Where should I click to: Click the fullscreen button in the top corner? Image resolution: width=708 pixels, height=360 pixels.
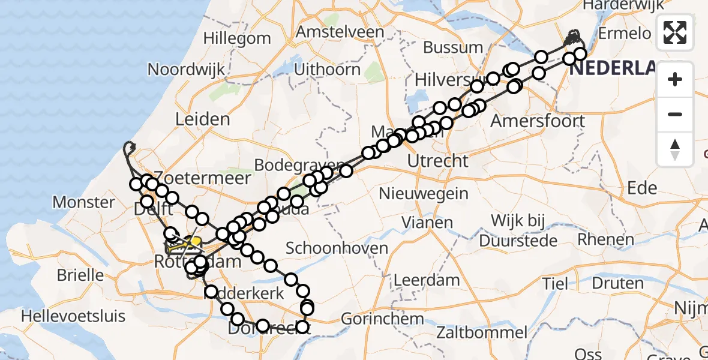(x=675, y=32)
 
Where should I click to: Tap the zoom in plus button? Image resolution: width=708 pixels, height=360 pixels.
(x=675, y=79)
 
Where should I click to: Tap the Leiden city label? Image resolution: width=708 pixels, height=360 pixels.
(x=202, y=119)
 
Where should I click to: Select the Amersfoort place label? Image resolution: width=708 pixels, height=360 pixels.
(x=538, y=121)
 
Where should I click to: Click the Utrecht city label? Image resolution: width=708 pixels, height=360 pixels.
(x=437, y=161)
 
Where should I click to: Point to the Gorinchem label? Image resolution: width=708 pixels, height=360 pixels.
(x=383, y=319)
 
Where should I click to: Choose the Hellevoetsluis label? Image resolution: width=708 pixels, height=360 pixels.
(x=74, y=316)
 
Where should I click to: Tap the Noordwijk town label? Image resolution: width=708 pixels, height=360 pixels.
(x=186, y=69)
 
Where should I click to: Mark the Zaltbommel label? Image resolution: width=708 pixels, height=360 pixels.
(x=482, y=332)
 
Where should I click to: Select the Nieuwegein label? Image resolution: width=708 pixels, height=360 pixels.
(x=424, y=193)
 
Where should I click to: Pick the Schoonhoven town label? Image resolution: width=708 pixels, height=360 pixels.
(x=332, y=247)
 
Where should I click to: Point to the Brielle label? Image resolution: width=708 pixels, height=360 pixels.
(x=80, y=275)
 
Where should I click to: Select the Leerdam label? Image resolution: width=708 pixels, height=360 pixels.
(x=426, y=280)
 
